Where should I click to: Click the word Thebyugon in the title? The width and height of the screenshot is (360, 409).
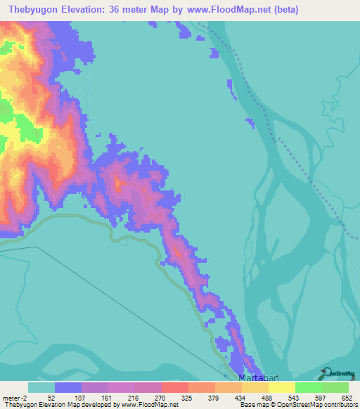click(37, 9)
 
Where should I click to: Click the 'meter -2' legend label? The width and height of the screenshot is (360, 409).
click(14, 398)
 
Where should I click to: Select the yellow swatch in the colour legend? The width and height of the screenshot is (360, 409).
click(281, 387)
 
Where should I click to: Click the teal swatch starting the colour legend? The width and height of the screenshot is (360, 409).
click(41, 387)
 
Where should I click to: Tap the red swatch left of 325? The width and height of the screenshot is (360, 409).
click(174, 387)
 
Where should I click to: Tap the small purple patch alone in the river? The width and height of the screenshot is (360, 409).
click(250, 123)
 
